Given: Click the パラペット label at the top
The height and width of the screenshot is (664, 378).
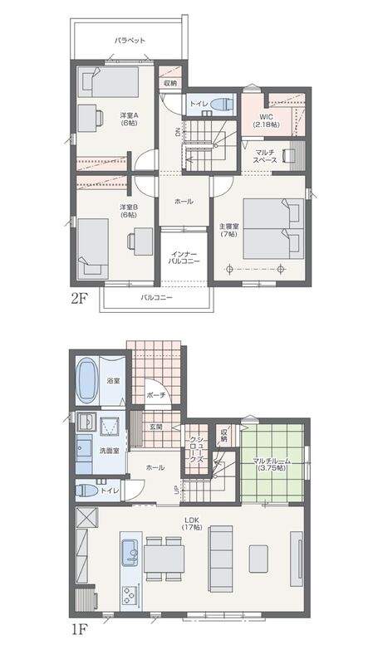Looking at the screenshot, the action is pyautogui.click(x=130, y=41).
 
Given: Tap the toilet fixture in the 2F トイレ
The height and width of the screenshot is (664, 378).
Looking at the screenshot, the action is pyautogui.click(x=221, y=104).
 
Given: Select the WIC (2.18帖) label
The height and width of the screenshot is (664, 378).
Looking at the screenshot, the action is pyautogui.click(x=266, y=120).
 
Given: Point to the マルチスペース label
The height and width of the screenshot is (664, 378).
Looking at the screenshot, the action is pyautogui.click(x=266, y=156).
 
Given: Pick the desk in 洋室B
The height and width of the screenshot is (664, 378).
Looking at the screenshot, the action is pyautogui.click(x=143, y=236).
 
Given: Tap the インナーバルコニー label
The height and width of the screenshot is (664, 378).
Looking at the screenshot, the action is pyautogui.click(x=184, y=258).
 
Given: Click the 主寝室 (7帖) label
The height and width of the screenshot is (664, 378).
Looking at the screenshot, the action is pyautogui.click(x=228, y=230).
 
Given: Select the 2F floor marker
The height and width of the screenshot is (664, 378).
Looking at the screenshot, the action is pyautogui.click(x=79, y=298).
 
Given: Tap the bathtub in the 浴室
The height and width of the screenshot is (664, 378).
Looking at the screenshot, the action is pyautogui.click(x=87, y=380).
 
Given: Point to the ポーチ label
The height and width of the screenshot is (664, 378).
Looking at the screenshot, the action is pyautogui.click(x=154, y=395).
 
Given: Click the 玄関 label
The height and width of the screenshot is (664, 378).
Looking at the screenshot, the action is pyautogui.click(x=155, y=427).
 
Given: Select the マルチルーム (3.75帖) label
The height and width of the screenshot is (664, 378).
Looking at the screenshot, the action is pyautogui.click(x=271, y=465).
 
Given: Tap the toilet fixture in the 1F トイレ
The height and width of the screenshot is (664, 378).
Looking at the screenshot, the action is pyautogui.click(x=87, y=491).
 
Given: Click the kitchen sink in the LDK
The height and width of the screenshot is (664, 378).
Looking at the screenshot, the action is pyautogui.click(x=130, y=553).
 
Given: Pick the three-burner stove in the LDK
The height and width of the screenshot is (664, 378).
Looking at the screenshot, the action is pyautogui.click(x=130, y=597).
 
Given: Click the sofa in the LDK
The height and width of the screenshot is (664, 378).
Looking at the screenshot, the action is pyautogui.click(x=220, y=559).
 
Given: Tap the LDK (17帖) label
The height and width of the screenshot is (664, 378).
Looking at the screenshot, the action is pyautogui.click(x=192, y=524).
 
